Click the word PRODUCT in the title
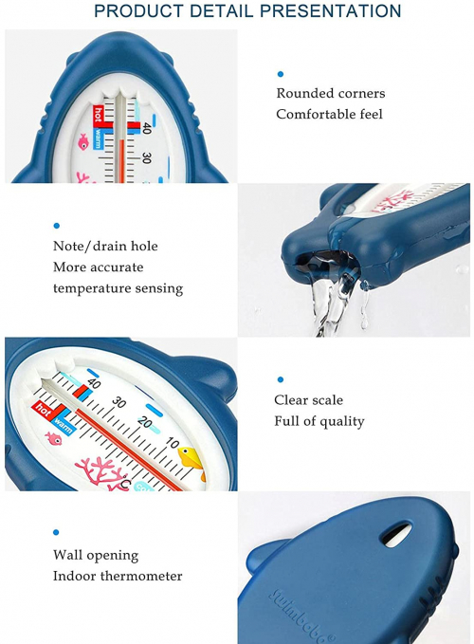tap(138, 11)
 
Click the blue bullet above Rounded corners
tap(281, 74)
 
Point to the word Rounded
tap(301, 93)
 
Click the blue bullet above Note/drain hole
tap(57, 226)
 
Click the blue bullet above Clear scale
tap(281, 379)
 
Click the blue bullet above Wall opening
tap(56, 532)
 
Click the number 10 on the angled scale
tap(173, 443)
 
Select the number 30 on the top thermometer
tap(146, 158)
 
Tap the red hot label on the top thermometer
tap(98, 116)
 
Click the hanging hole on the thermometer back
tap(396, 534)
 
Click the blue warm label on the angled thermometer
tap(63, 427)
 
